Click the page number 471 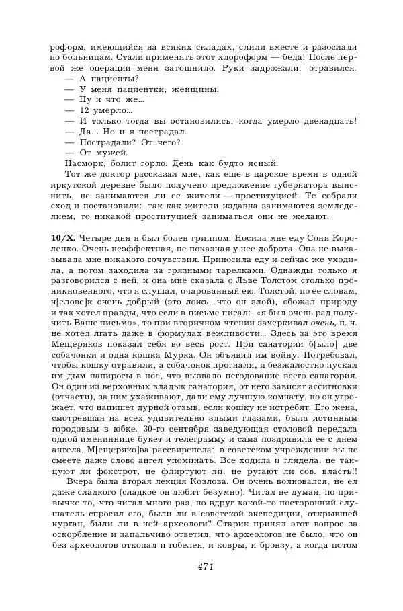click(206, 567)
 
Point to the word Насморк click(84, 164)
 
